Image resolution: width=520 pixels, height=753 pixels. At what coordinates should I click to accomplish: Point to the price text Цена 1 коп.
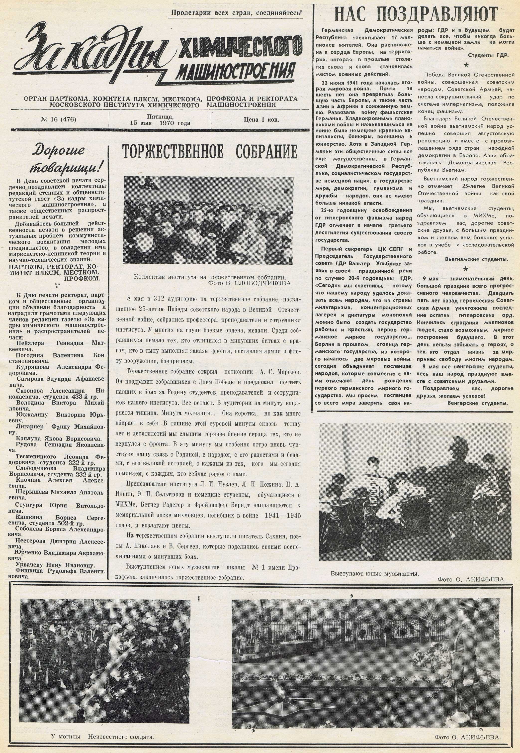261,120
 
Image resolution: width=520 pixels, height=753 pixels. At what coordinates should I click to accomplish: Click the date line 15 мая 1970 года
160,123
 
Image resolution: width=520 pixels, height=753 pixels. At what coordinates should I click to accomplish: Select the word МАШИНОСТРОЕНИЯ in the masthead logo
235,72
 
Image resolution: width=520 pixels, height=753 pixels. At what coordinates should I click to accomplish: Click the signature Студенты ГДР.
488,55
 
